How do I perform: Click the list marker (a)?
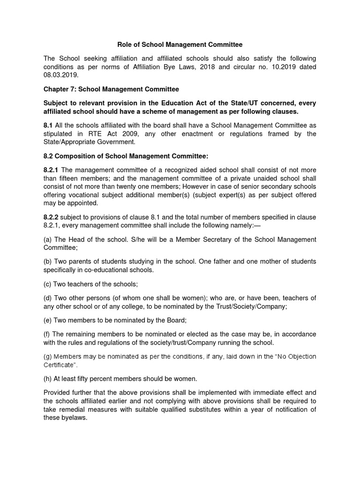tap(48, 239)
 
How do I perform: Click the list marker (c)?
tap(48, 284)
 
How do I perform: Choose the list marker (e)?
tap(48, 320)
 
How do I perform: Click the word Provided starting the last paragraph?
tap(59, 393)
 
